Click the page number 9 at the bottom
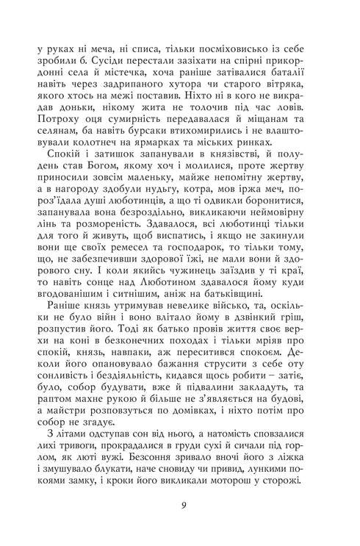180,506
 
